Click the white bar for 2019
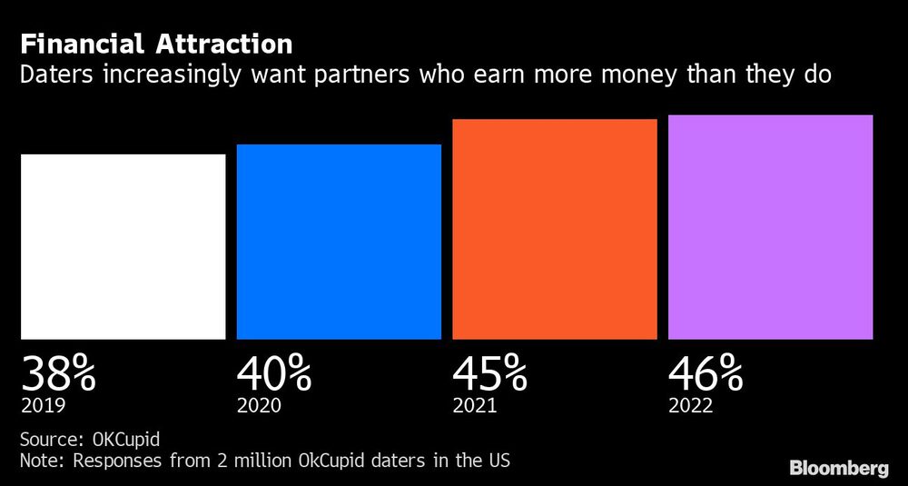point(123,246)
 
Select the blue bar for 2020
point(339,242)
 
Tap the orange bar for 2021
point(554,229)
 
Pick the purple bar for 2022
point(770,227)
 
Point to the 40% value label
point(274,372)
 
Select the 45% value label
point(490,372)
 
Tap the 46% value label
point(706,372)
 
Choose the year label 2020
point(260,405)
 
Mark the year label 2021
point(475,405)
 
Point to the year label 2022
point(691,405)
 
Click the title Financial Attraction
point(156,44)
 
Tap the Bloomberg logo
point(838,469)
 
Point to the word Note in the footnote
point(41,461)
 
